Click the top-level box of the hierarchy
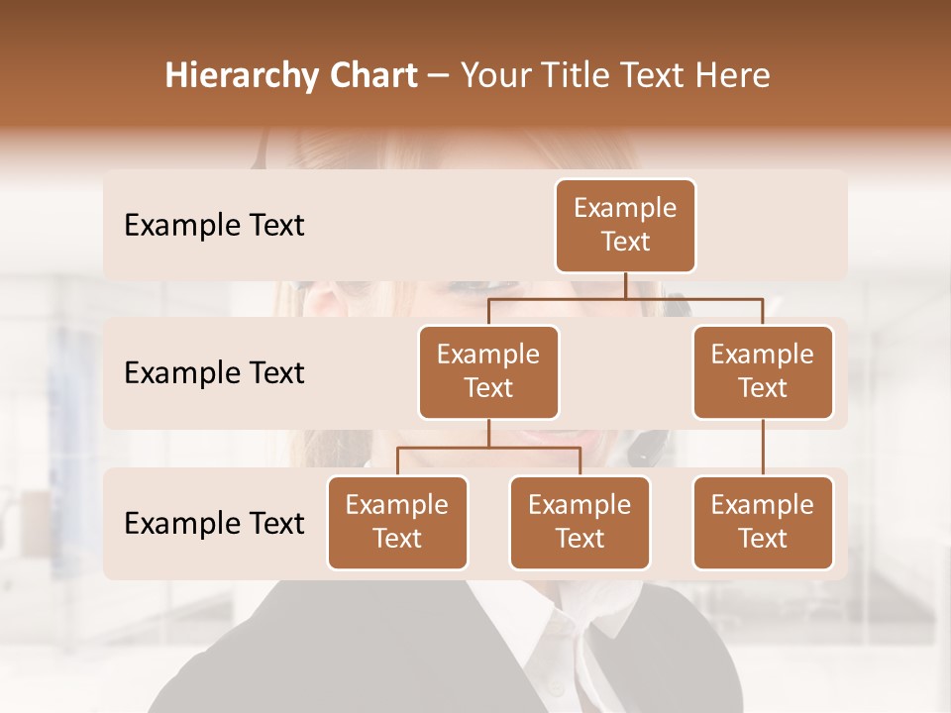625,225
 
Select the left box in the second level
488,371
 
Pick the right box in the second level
763,371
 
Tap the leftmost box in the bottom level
397,522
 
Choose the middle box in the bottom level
580,522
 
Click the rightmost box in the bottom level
763,522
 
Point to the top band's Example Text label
214,226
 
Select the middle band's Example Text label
214,373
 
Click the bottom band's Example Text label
214,523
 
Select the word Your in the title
496,75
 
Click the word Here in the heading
732,75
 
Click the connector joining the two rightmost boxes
763,448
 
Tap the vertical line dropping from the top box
625,285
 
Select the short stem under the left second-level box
488,434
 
